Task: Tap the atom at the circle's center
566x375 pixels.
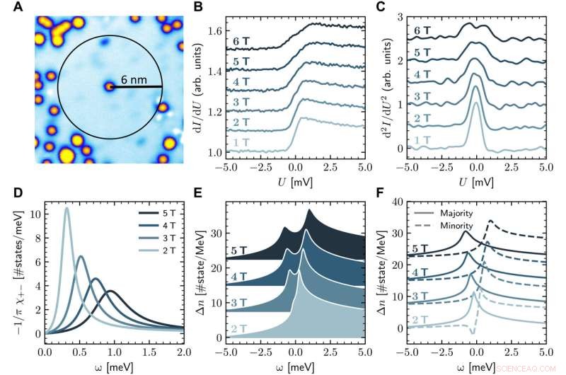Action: point(109,86)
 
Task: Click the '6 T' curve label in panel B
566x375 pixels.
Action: point(239,42)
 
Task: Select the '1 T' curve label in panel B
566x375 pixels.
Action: point(239,143)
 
